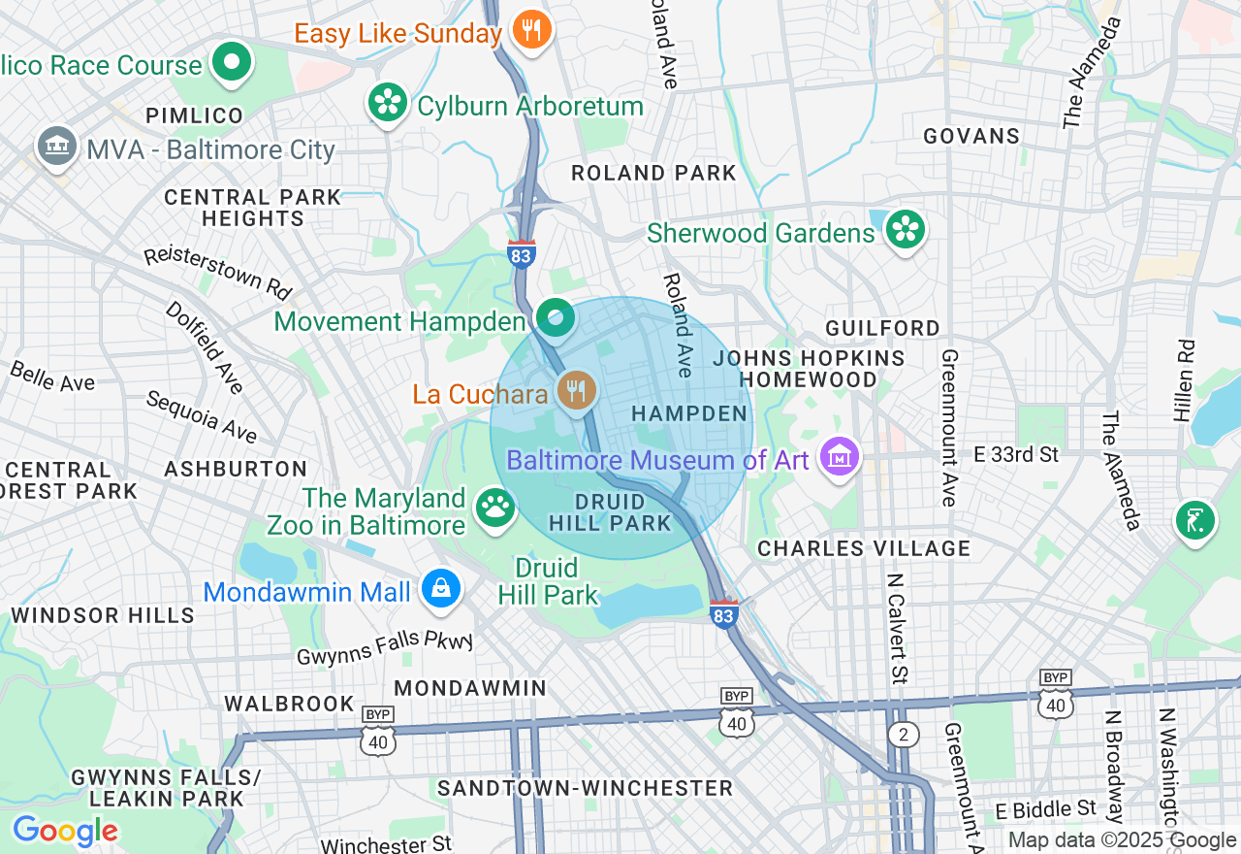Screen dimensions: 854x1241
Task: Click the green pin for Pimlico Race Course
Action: point(232,64)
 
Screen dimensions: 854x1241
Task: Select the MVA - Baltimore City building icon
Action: point(57,148)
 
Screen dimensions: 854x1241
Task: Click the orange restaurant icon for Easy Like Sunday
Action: point(530,31)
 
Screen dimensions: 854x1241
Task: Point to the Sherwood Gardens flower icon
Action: point(905,230)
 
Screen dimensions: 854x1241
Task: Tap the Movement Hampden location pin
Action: point(555,319)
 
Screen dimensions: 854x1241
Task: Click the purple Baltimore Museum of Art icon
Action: point(840,456)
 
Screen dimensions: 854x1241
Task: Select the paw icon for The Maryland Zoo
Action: point(494,508)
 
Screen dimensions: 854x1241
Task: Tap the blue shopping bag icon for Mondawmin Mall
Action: point(441,589)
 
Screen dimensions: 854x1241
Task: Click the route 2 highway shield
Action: point(903,735)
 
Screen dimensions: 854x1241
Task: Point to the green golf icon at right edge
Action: point(1194,520)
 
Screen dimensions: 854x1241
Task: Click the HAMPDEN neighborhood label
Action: point(689,414)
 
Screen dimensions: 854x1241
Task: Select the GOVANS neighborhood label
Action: point(971,136)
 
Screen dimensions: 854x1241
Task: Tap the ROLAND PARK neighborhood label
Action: point(653,174)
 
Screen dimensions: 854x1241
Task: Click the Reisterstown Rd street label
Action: point(218,271)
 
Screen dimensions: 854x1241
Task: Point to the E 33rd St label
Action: point(1016,454)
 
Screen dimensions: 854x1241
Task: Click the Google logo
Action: point(65,831)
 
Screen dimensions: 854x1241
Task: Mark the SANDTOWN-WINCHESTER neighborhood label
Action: point(585,788)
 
